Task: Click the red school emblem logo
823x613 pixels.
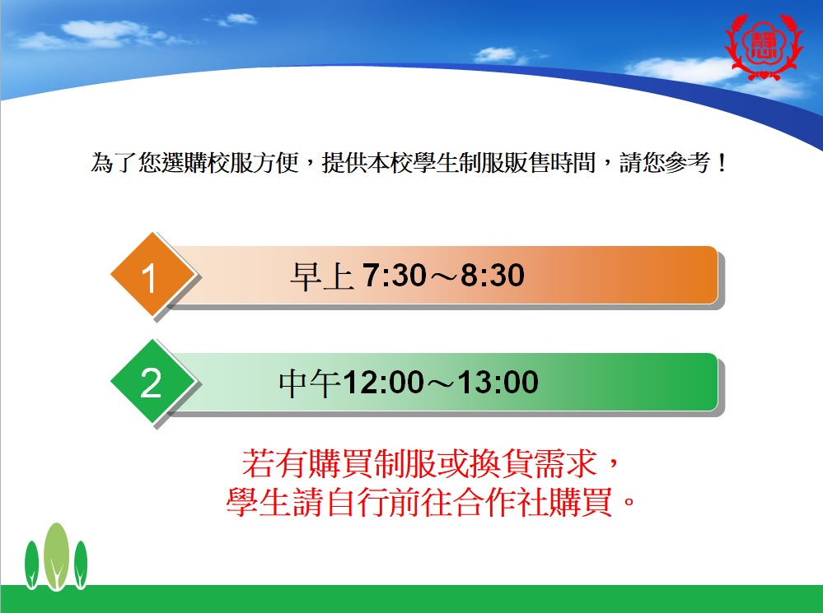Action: click(x=764, y=46)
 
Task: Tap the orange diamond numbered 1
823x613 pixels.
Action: click(x=152, y=274)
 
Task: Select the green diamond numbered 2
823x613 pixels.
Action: click(x=152, y=381)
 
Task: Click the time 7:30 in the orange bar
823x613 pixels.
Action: click(x=387, y=275)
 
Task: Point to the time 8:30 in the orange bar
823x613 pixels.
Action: click(x=493, y=275)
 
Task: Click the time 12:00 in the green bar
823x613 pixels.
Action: click(x=383, y=382)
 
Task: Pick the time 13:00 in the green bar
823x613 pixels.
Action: click(x=498, y=382)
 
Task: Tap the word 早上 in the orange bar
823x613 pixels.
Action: click(x=322, y=276)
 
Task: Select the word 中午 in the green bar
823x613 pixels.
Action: click(x=311, y=383)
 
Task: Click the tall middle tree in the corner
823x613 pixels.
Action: click(x=56, y=556)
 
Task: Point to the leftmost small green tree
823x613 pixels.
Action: click(x=31, y=564)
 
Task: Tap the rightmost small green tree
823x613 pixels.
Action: click(x=80, y=564)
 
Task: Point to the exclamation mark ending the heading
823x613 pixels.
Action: click(x=722, y=163)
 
